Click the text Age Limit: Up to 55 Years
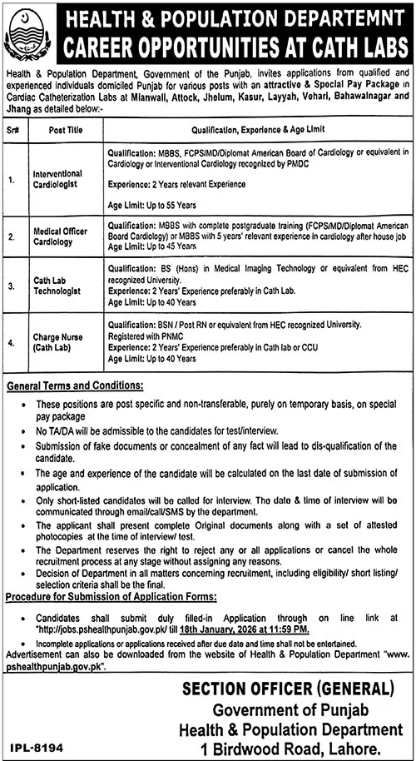(x=151, y=203)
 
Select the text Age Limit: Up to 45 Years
(x=151, y=246)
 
